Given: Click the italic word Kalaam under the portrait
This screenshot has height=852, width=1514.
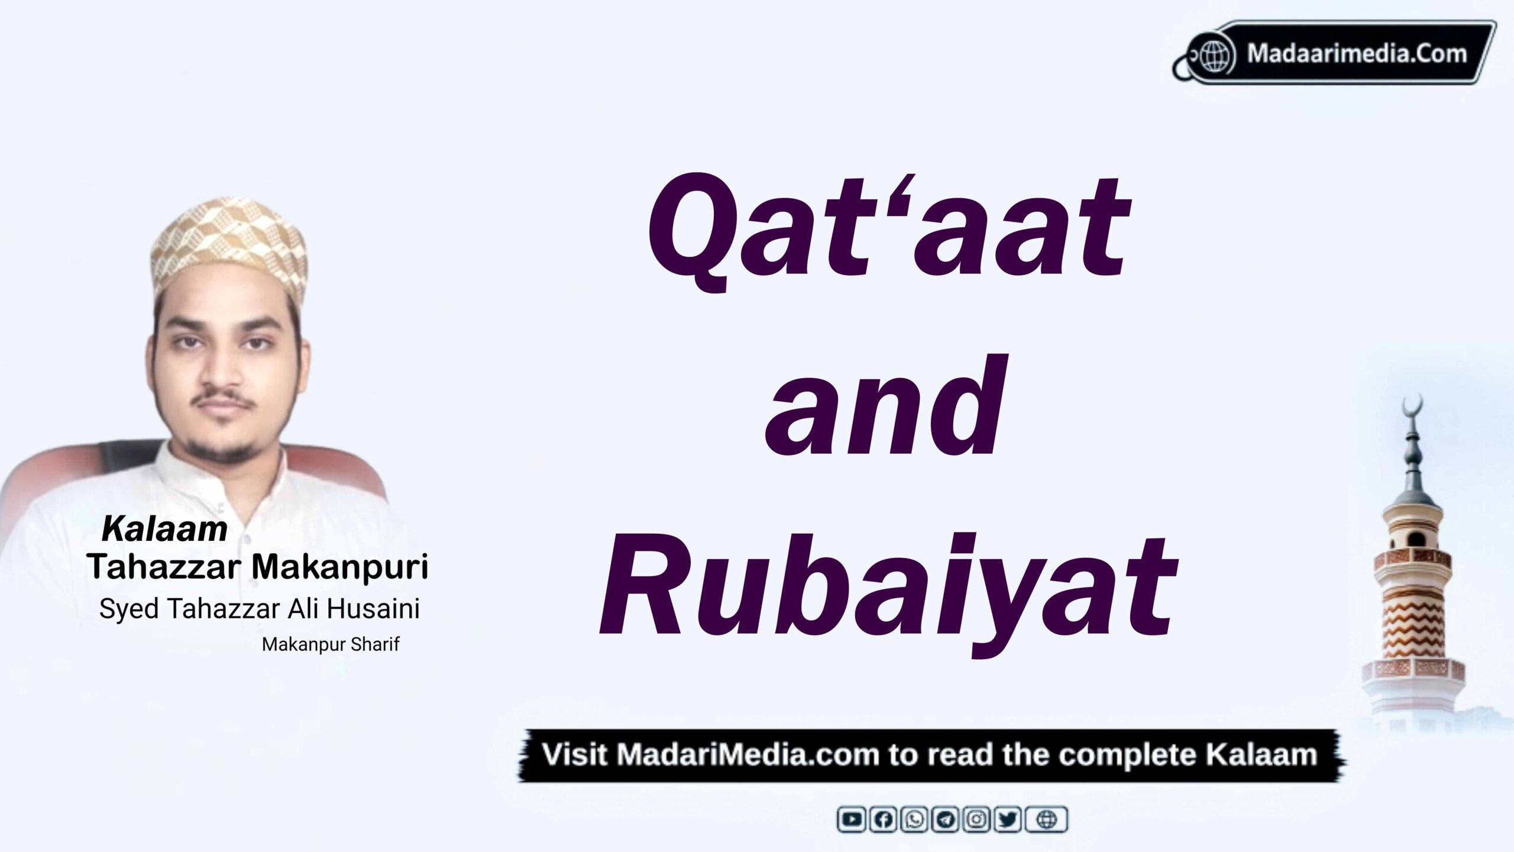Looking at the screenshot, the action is (x=164, y=529).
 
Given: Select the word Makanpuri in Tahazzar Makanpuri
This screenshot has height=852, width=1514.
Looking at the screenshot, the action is (x=340, y=567).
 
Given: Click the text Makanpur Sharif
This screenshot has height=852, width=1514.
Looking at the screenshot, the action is (x=331, y=644).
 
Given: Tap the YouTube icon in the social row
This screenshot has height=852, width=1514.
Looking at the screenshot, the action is (x=852, y=819).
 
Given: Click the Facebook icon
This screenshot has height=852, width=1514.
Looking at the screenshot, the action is (x=884, y=819).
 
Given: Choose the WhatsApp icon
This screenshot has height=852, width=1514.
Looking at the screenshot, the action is (x=915, y=819).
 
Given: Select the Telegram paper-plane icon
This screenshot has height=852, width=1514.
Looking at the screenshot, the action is (x=946, y=819).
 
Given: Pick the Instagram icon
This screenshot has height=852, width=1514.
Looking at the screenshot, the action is (x=977, y=819).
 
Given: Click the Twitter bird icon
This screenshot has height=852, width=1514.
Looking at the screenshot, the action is (x=1008, y=819).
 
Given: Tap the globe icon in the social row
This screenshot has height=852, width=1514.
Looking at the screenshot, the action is (x=1047, y=819).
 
